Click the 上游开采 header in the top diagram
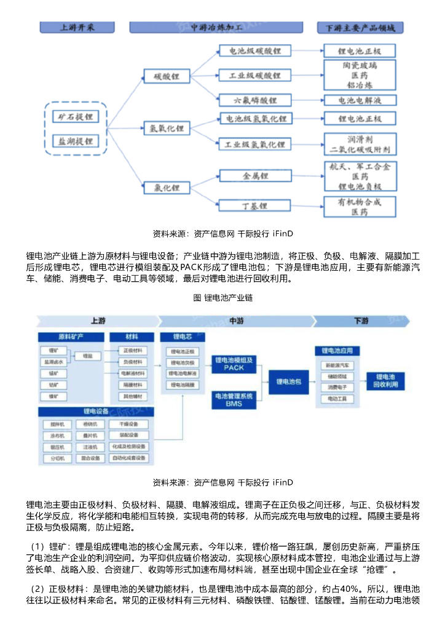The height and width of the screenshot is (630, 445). [77, 28]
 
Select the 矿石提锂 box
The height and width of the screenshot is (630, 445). [76, 116]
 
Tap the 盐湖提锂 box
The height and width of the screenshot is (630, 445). [76, 141]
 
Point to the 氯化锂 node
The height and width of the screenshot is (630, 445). [167, 187]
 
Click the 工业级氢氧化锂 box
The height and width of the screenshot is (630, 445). [254, 145]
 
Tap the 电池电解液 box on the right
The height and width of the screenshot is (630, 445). [360, 100]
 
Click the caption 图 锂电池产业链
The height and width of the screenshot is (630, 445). [222, 298]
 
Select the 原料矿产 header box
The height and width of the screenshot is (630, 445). [71, 337]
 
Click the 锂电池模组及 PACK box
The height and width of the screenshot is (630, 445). [234, 364]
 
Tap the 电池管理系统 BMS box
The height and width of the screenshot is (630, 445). [234, 400]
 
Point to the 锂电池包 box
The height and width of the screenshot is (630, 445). [289, 382]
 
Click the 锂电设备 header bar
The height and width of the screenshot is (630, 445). [95, 411]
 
